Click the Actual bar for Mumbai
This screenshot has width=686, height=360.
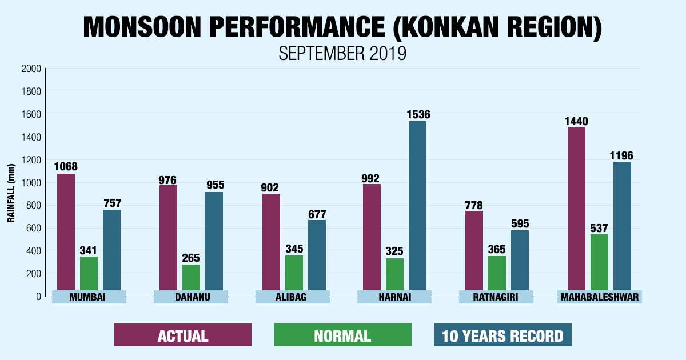click(x=66, y=231)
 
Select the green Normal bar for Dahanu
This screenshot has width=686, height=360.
click(x=191, y=277)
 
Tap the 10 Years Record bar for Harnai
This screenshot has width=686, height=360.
click(x=417, y=206)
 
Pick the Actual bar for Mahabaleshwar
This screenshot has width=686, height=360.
click(x=576, y=209)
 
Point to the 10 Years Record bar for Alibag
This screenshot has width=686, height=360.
click(x=317, y=254)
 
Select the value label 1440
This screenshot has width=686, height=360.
click(x=576, y=121)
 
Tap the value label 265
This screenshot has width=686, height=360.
click(x=191, y=258)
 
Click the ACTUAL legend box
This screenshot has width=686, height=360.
click(x=182, y=335)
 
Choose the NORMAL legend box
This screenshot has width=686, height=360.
click(x=342, y=335)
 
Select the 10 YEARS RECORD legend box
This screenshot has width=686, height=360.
click(x=502, y=335)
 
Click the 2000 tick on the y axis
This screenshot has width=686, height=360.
click(x=31, y=69)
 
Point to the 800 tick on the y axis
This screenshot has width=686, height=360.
click(x=34, y=206)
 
